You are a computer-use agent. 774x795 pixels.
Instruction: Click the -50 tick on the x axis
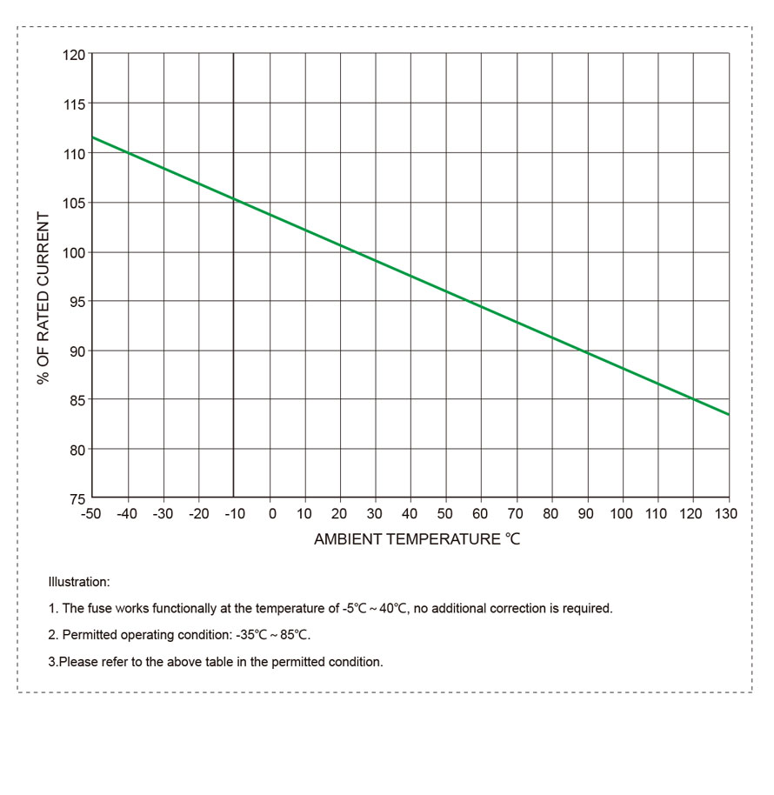90,514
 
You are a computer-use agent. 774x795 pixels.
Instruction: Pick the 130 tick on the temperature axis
726,514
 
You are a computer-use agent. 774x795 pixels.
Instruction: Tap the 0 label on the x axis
271,514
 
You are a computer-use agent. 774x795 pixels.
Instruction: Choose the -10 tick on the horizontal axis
233,514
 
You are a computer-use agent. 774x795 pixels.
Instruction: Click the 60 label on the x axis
480,514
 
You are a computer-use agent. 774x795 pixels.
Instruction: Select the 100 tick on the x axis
621,514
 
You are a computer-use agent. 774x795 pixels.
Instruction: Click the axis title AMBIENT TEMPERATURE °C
417,539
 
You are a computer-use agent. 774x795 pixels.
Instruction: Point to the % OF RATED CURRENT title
43,277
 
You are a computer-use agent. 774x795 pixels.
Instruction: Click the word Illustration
79,581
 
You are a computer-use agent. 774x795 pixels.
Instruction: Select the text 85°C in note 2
296,635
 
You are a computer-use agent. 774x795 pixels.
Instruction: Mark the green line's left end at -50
93,137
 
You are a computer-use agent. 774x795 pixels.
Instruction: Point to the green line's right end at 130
728,415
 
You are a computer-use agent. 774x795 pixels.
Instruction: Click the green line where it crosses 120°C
693,399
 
